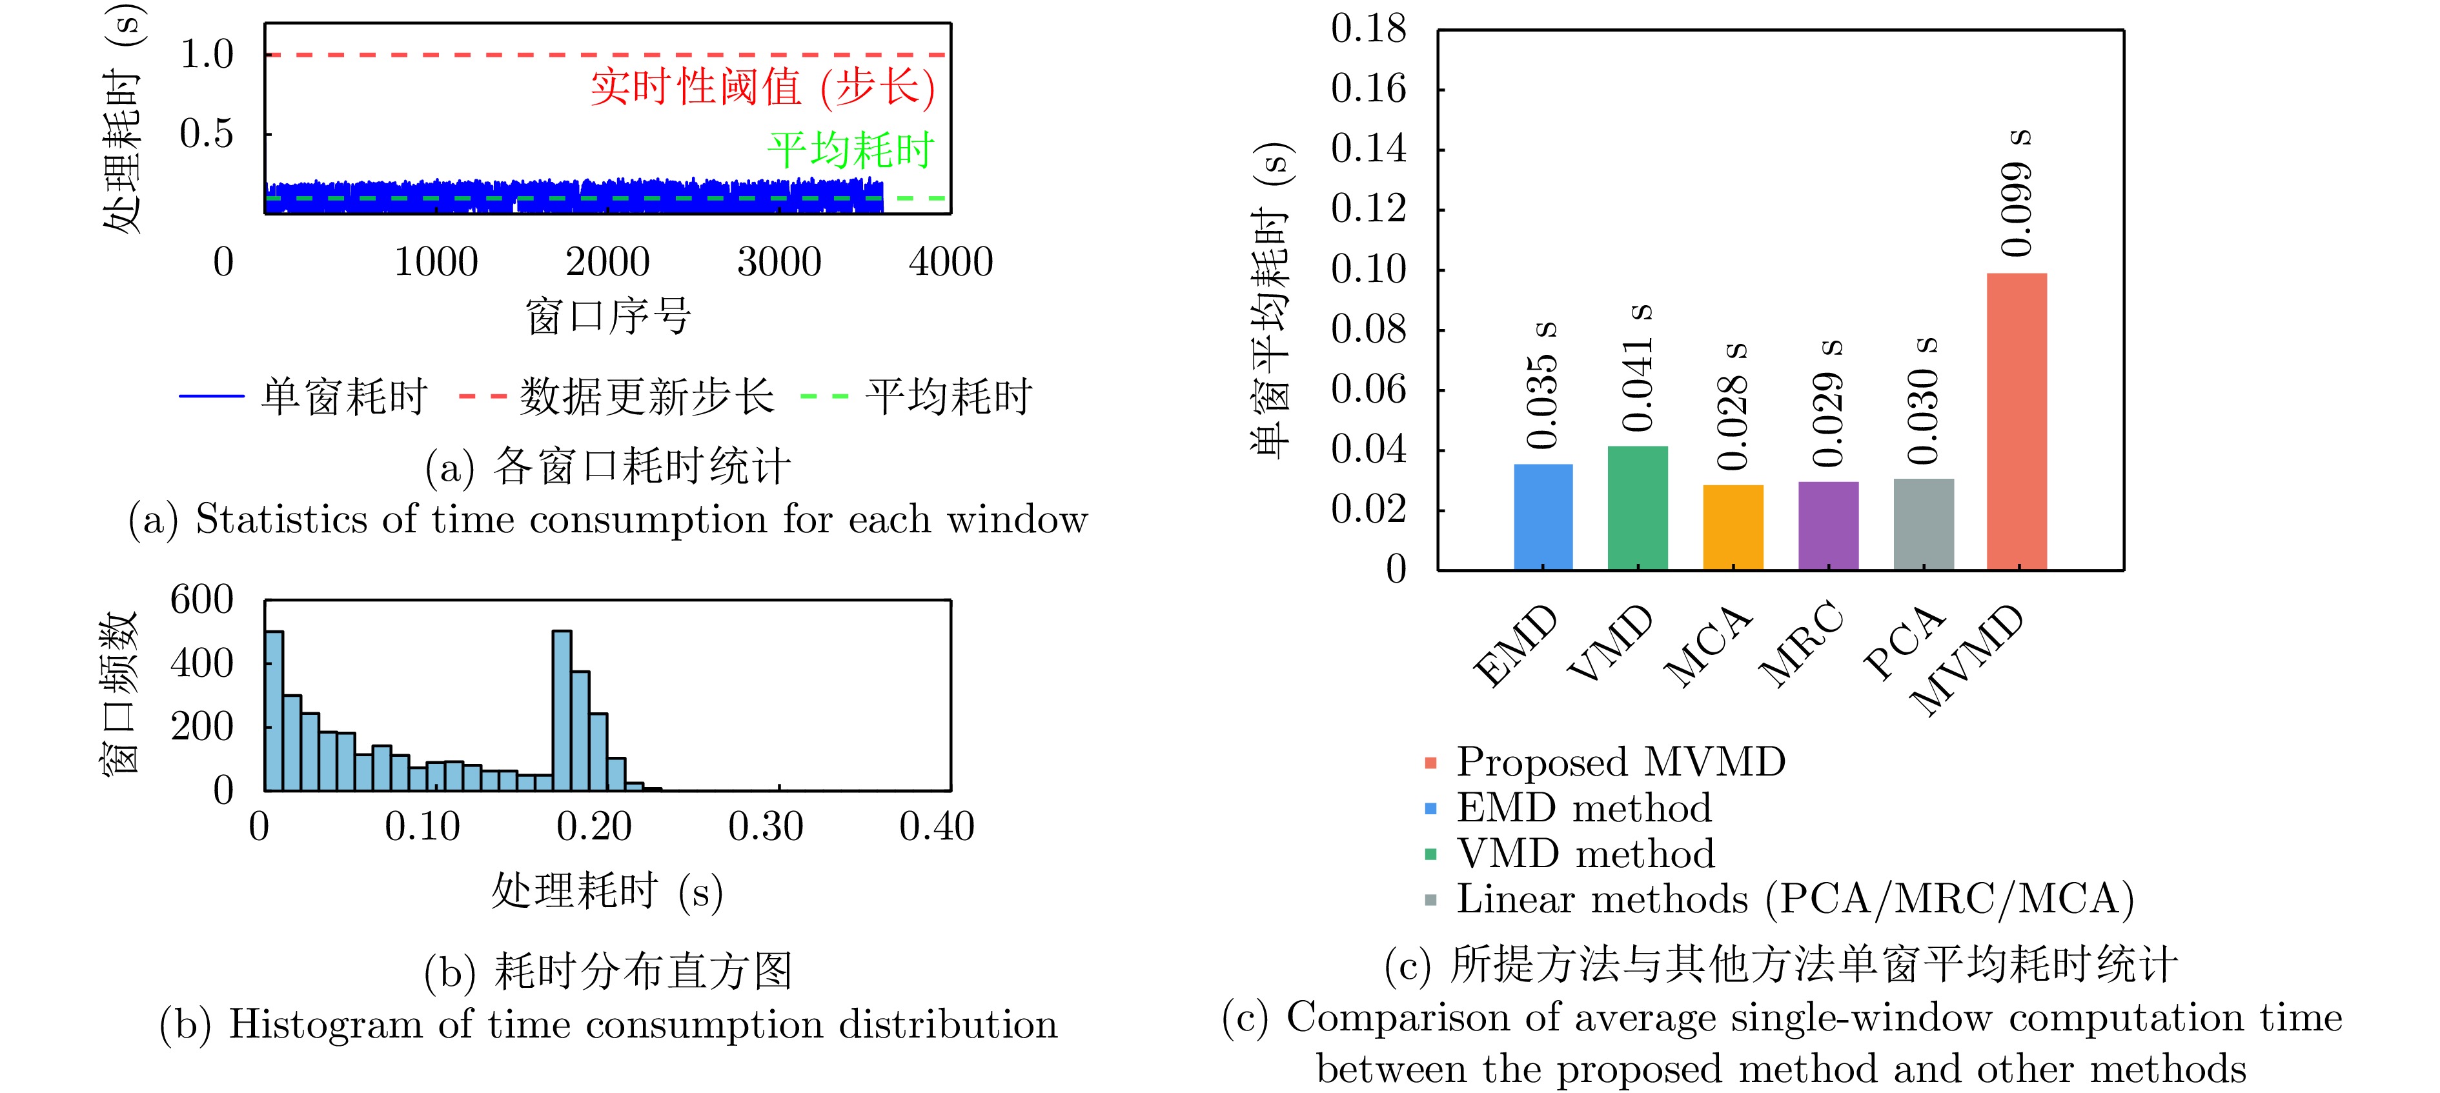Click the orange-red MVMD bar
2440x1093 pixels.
coord(2016,421)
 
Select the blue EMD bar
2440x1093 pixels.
coord(1542,517)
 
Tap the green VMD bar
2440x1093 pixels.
coord(1637,508)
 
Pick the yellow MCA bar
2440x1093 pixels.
coord(1733,528)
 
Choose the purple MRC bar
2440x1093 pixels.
coord(1827,526)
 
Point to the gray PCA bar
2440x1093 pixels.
coord(1923,524)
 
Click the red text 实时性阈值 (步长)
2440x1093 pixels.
coord(762,87)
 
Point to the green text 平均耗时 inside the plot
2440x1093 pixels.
coord(851,150)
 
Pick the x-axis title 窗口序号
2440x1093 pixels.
coord(608,316)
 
